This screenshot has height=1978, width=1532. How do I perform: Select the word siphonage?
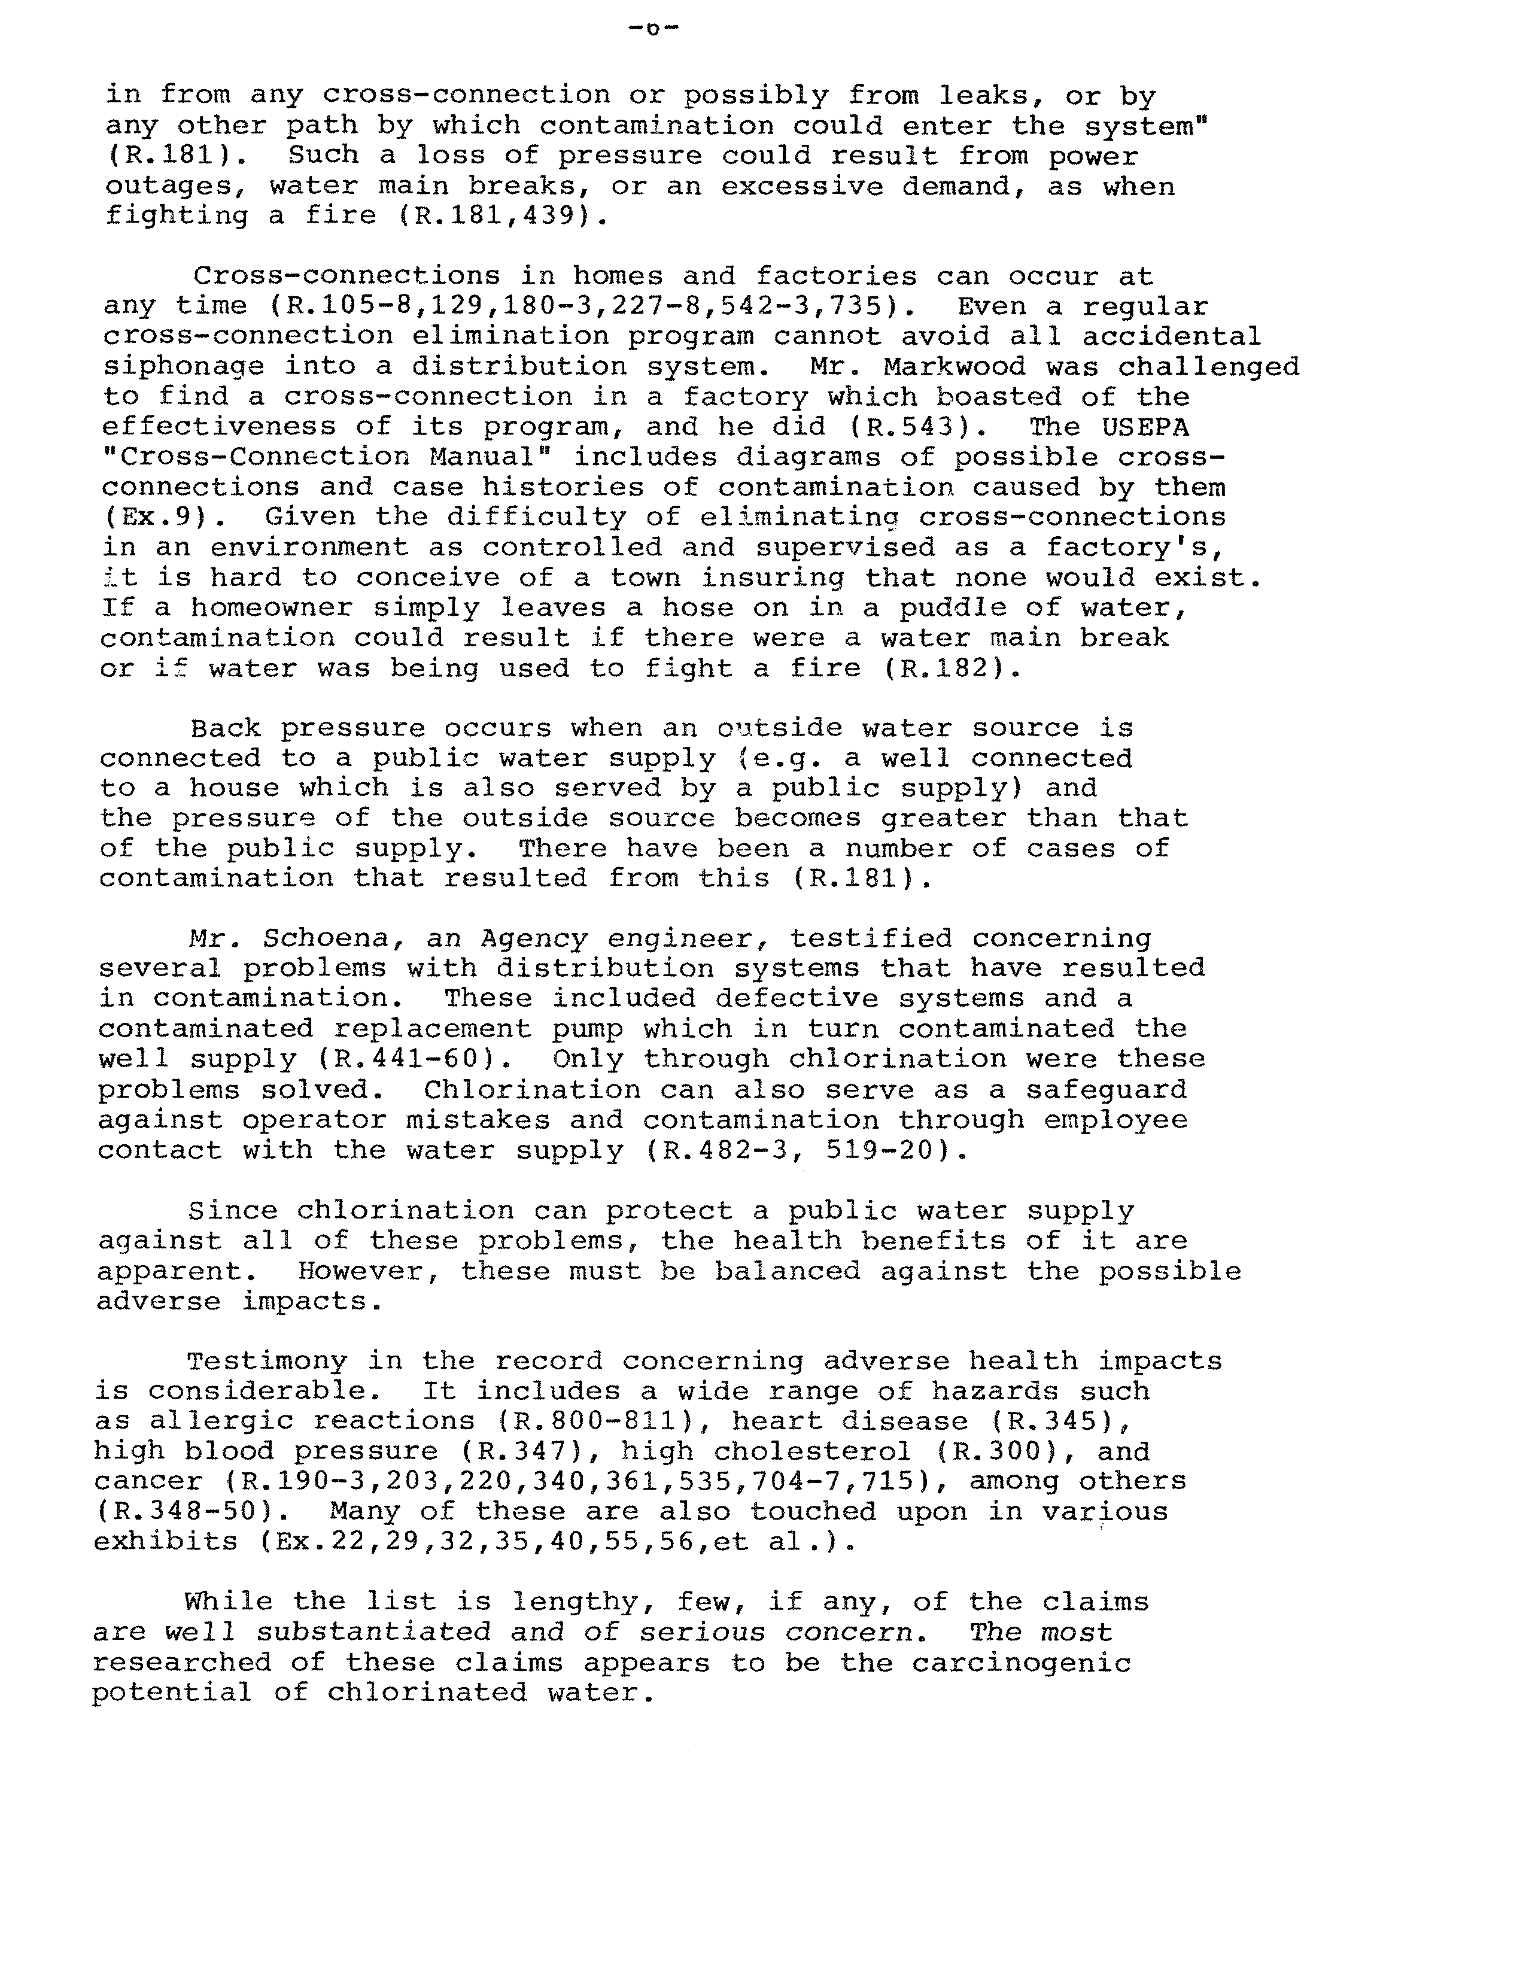[x=183, y=367]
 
